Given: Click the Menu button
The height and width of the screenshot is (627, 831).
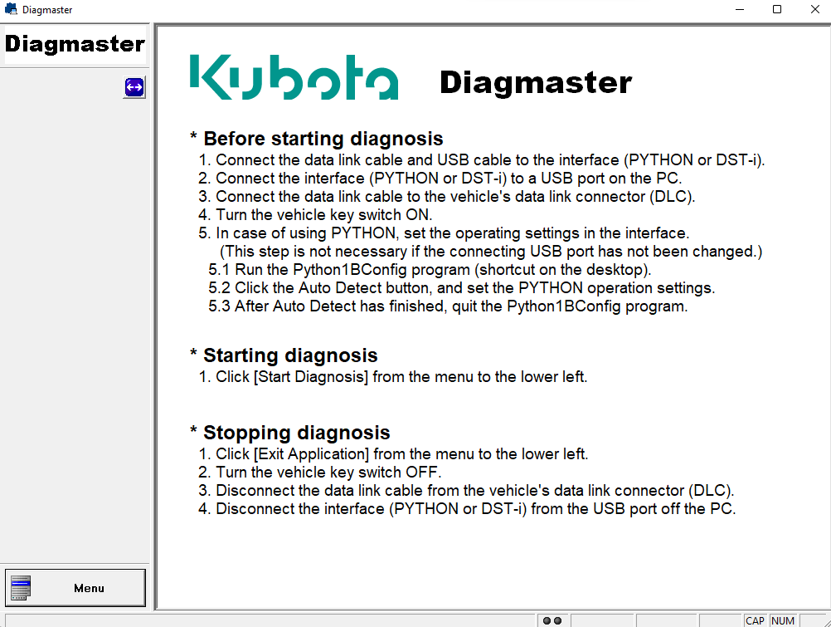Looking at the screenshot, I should (75, 588).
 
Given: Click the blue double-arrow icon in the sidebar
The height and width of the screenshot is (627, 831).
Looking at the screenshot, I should (134, 87).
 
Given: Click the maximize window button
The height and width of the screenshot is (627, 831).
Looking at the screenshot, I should (777, 10).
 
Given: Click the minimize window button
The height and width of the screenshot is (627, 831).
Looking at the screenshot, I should (739, 10).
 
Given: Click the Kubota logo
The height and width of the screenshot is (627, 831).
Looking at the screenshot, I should (294, 78).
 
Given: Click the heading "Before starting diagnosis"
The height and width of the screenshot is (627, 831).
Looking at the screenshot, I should (323, 139).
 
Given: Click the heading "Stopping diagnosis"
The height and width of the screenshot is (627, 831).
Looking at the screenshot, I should (296, 433).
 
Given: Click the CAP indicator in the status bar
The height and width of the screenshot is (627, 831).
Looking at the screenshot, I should (755, 620).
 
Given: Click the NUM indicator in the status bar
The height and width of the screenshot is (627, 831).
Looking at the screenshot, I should (783, 620).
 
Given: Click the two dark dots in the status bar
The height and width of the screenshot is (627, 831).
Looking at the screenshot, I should (552, 620).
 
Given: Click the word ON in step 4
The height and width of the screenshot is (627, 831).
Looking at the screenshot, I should (419, 215).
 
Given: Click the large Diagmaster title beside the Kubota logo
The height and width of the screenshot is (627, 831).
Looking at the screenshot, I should (535, 82).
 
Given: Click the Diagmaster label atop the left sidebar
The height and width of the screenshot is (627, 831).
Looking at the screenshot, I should (75, 44).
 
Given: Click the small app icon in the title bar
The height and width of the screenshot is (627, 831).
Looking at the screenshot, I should (11, 10).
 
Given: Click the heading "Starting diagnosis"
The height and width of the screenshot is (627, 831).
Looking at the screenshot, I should (290, 355).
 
